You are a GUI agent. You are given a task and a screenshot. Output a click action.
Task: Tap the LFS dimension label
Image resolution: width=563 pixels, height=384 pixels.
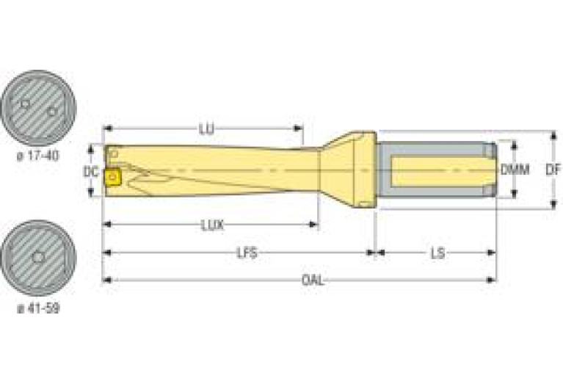click(x=247, y=253)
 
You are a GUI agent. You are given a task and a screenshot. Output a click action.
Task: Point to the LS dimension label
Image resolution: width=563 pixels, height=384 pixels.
click(x=437, y=253)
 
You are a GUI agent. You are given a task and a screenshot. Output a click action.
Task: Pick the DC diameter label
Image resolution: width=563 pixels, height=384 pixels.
click(x=90, y=172)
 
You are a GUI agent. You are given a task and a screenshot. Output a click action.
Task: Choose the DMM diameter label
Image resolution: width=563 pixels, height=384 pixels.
click(x=515, y=170)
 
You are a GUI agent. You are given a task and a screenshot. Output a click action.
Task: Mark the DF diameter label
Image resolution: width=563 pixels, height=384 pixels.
click(x=553, y=170)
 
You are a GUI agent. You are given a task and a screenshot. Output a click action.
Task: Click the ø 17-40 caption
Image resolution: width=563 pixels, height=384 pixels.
click(x=38, y=156)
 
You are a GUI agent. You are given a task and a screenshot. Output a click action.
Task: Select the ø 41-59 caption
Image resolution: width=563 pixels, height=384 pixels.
click(x=38, y=308)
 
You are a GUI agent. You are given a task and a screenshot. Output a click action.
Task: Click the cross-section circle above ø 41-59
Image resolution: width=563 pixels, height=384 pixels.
click(x=38, y=258)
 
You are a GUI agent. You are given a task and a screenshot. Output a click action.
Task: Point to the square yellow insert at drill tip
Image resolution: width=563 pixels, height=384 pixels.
click(x=113, y=177)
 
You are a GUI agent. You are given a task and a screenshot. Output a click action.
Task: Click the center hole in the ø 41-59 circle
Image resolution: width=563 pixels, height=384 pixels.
click(x=38, y=258)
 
